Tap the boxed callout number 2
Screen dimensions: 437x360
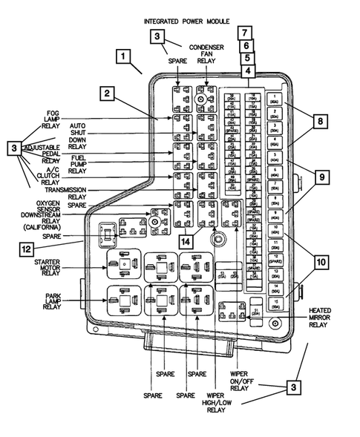[109, 93]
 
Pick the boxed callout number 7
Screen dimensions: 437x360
[246, 33]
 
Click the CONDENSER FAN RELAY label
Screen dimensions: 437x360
[206, 53]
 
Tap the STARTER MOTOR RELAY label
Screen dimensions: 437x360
[52, 266]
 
